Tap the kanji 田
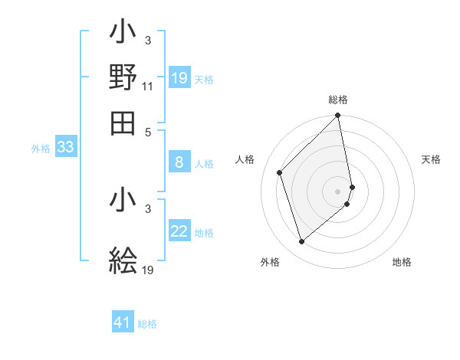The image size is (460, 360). coord(123,123)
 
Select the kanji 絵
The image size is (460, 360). coord(123,260)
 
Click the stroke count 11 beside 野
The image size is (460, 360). coord(148,87)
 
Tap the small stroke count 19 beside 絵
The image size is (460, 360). coord(148,270)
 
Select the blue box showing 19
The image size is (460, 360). coord(179,78)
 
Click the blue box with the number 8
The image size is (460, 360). coord(179,162)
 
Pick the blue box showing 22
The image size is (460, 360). coord(179,231)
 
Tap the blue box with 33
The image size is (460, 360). coord(65,148)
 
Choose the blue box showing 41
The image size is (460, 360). coord(123,322)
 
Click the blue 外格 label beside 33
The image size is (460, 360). coord(41,149)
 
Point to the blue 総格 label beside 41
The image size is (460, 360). coord(147,324)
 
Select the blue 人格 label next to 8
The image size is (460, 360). coord(204,163)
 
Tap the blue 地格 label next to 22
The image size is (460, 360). coord(204,233)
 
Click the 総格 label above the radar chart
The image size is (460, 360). coord(338,100)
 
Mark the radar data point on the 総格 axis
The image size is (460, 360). coord(338,116)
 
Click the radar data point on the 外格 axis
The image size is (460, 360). coord(302,242)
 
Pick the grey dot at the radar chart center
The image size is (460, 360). coord(338,191)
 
